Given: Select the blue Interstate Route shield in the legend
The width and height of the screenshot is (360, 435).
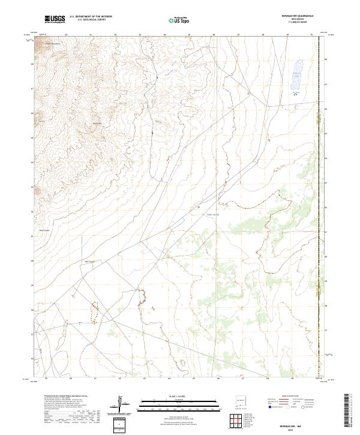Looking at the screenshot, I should [x=271, y=407].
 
